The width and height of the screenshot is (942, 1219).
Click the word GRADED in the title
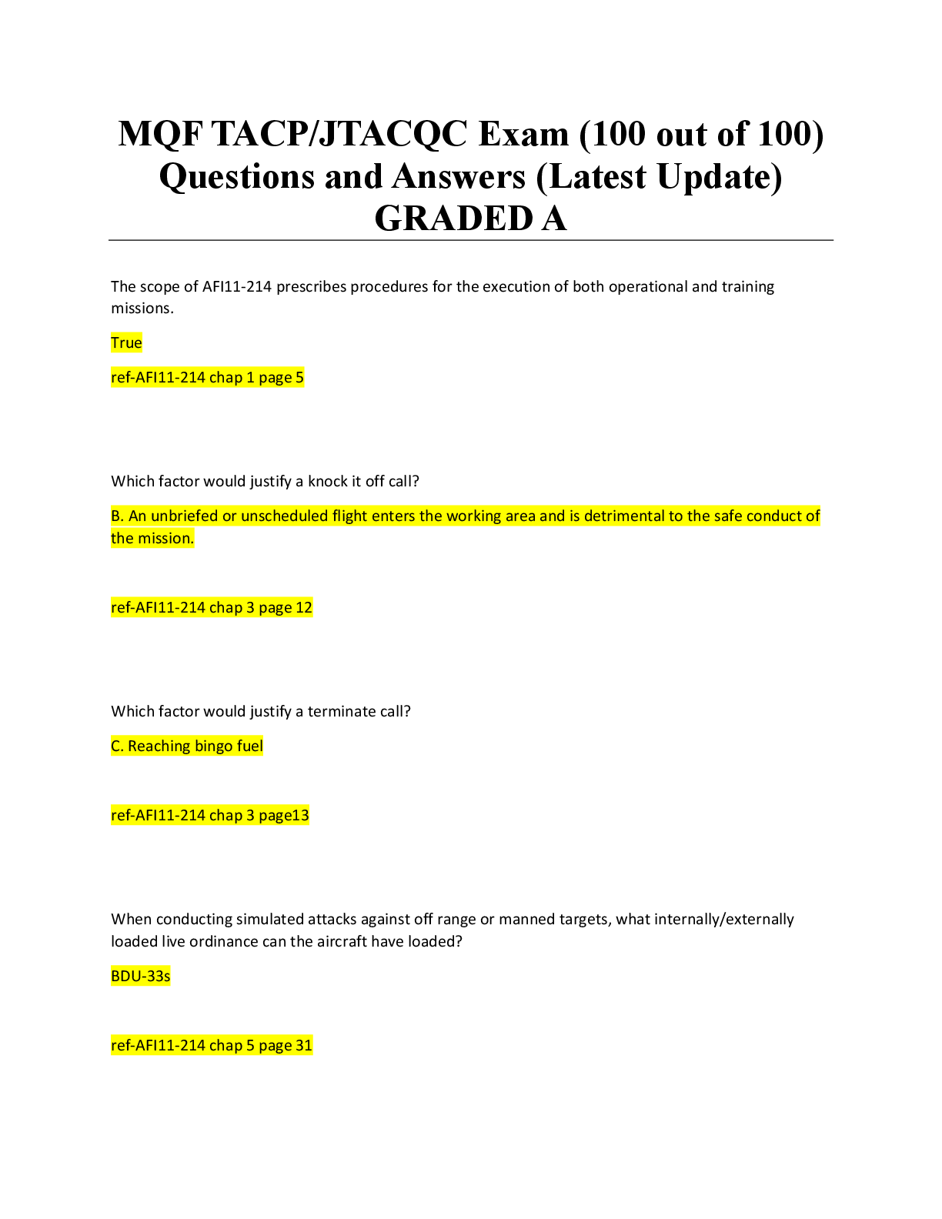[453, 219]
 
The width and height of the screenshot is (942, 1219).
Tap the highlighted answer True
[126, 343]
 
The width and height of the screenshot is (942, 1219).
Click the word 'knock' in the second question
[328, 482]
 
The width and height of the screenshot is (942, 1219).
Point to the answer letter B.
[117, 516]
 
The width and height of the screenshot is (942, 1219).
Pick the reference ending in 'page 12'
[212, 608]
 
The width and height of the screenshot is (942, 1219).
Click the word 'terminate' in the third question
[341, 712]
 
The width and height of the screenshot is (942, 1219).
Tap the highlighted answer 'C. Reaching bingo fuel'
[187, 746]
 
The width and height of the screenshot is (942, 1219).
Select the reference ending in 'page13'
[210, 816]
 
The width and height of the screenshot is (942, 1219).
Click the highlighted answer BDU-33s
[141, 977]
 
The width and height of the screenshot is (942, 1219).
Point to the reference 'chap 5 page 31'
[261, 1046]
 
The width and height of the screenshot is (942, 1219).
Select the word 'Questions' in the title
[236, 177]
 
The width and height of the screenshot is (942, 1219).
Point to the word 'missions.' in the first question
[142, 309]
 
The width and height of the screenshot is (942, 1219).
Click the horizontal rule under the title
[471, 240]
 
